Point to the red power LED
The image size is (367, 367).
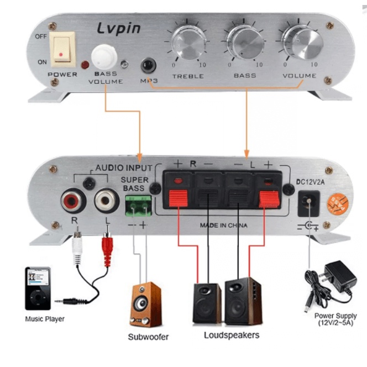(x=85, y=65)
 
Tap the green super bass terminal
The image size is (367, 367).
(x=139, y=206)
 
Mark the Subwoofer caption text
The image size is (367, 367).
(x=148, y=337)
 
